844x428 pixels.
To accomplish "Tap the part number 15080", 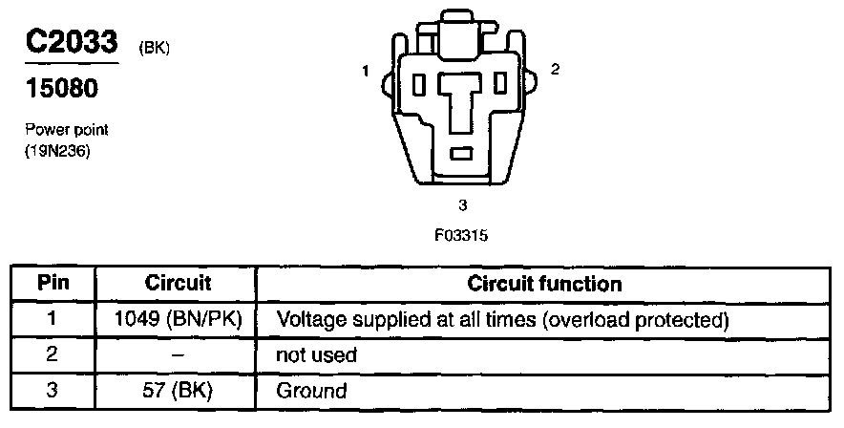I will (61, 89).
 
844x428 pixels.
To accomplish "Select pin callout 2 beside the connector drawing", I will (555, 69).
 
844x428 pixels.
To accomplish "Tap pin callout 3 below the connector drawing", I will (462, 204).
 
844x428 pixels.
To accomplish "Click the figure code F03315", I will (461, 233).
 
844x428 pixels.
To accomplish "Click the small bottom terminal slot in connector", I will (462, 153).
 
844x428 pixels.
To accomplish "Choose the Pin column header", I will (53, 284).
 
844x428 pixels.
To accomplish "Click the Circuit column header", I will (178, 284).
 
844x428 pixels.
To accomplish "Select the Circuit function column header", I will (545, 284).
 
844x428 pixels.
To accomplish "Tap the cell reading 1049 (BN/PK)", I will (178, 318).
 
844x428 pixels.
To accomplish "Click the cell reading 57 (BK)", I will (178, 391).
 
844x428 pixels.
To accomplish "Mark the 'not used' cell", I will (316, 355).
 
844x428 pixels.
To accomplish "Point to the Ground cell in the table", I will (311, 391).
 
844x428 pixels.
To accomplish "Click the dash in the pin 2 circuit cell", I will (178, 355).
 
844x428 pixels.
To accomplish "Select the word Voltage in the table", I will (306, 318).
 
